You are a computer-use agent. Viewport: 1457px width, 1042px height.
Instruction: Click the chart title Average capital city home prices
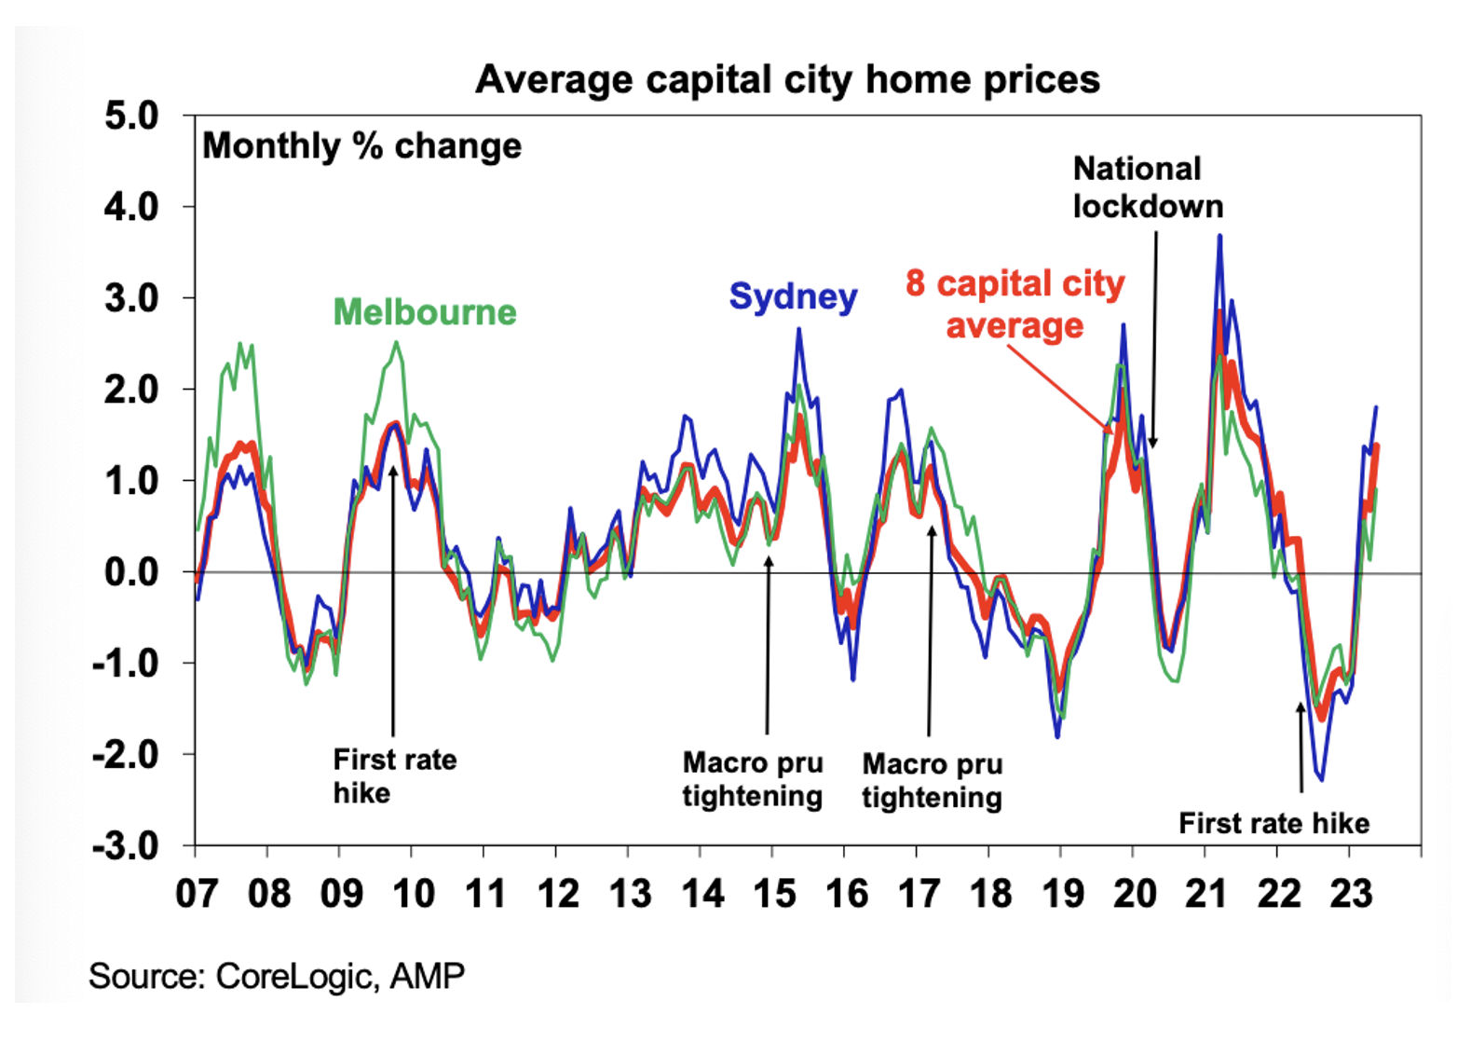[x=787, y=79]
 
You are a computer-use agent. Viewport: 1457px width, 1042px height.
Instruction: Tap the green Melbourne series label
[x=425, y=312]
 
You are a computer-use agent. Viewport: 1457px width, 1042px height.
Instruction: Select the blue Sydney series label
[x=793, y=296]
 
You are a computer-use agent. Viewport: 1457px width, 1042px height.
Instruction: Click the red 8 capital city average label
[x=1014, y=305]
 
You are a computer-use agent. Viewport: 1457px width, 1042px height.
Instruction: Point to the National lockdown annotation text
[x=1148, y=187]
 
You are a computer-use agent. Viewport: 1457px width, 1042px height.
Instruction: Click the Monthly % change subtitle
[x=361, y=146]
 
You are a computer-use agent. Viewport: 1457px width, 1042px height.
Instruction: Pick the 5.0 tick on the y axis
[x=131, y=117]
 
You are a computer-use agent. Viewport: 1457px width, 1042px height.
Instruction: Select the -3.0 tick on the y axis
[x=126, y=846]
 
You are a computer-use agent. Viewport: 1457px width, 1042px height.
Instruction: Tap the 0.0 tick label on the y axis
[x=131, y=572]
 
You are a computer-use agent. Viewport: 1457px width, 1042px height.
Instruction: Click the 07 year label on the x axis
[x=197, y=894]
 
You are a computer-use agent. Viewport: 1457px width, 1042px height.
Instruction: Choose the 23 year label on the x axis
[x=1351, y=894]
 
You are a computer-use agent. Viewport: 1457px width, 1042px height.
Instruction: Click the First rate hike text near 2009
[x=395, y=776]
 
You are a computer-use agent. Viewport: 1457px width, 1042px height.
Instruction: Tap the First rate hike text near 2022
[x=1273, y=824]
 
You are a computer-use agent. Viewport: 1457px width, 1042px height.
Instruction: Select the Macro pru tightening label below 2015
[x=753, y=779]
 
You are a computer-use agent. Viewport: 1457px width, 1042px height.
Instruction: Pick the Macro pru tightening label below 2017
[x=932, y=780]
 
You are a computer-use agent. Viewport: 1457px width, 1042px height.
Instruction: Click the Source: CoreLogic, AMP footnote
[x=277, y=976]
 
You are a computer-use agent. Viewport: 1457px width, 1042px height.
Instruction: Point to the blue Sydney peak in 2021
[x=1219, y=237]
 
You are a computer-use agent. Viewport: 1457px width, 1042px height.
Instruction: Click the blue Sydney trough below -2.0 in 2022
[x=1321, y=779]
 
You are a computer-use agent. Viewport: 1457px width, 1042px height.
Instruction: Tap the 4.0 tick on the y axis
[x=131, y=207]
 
